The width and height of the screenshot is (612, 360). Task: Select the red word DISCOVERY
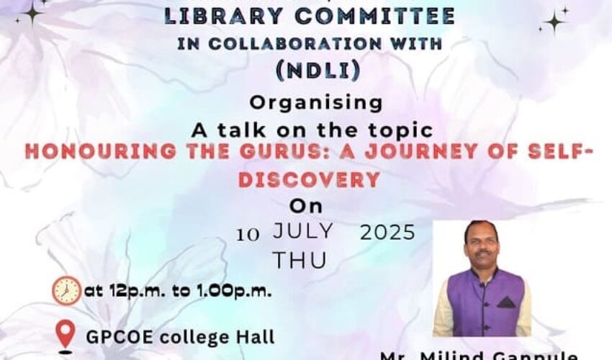click(309, 179)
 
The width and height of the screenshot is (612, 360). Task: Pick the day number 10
click(248, 233)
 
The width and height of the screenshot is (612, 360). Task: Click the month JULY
click(302, 231)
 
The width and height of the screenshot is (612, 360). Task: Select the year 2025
click(387, 233)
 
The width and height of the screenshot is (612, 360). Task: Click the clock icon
click(66, 291)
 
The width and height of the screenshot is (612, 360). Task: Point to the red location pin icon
click(66, 334)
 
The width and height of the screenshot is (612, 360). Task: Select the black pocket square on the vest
click(505, 302)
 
